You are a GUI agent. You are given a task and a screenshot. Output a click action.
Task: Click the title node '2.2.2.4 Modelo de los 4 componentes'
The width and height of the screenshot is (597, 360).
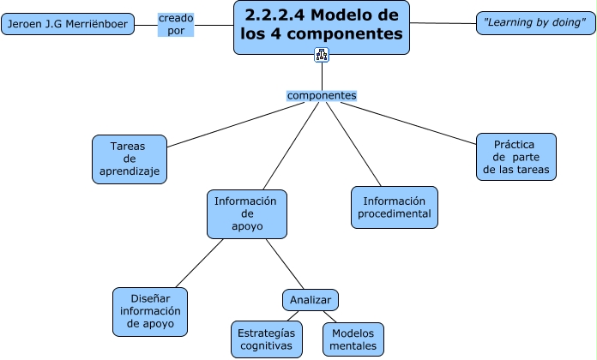click(x=322, y=27)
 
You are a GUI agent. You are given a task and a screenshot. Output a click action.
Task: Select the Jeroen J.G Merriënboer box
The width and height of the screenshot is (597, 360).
click(x=68, y=24)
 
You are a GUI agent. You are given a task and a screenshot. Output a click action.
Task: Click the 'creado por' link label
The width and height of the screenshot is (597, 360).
click(x=176, y=24)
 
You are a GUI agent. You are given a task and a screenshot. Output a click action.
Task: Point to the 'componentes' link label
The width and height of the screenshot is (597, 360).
click(x=322, y=95)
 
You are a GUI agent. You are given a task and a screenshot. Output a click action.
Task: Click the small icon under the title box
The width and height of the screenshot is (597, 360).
click(x=322, y=56)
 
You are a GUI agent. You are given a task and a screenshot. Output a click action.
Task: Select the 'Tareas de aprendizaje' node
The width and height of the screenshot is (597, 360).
click(x=129, y=159)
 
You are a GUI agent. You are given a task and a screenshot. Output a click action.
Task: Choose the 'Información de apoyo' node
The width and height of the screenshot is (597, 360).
click(x=247, y=213)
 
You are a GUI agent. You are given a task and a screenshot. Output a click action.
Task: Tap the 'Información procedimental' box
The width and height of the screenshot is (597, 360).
click(x=395, y=207)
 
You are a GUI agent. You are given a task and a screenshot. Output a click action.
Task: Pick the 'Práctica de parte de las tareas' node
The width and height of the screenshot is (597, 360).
click(x=516, y=156)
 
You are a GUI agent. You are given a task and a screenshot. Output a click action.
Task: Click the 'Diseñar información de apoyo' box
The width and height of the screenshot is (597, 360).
click(x=150, y=311)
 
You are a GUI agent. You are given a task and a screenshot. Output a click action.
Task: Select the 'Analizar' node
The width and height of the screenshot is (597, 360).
click(x=310, y=299)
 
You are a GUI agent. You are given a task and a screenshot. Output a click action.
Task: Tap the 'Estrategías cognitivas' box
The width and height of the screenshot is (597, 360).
click(x=266, y=339)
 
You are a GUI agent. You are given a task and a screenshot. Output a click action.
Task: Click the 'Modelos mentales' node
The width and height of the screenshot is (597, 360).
click(x=353, y=339)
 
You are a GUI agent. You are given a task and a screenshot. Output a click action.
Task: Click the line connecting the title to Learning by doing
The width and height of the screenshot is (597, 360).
click(x=443, y=23)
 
